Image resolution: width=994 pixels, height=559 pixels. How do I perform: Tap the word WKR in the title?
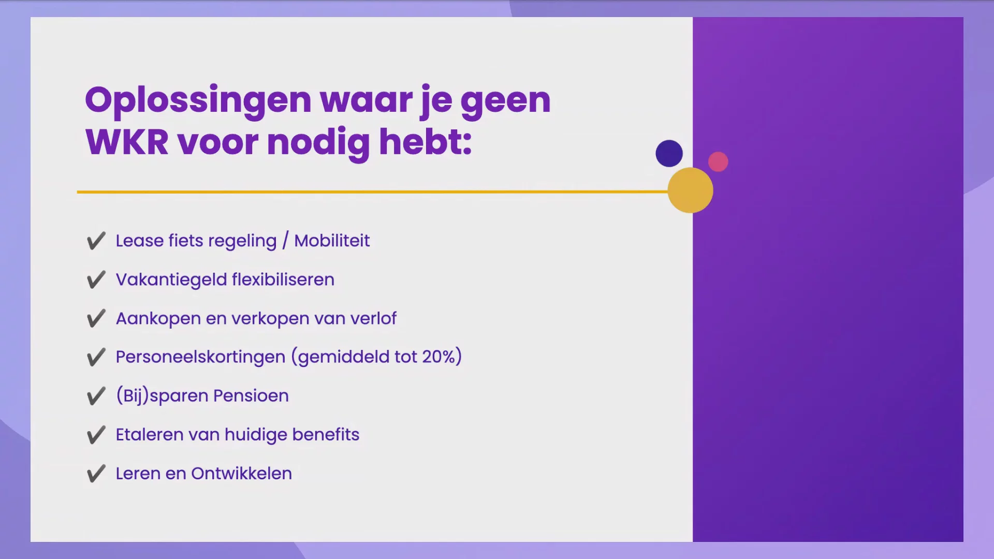pyautogui.click(x=127, y=142)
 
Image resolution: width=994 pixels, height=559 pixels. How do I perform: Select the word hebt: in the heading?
pyautogui.click(x=426, y=141)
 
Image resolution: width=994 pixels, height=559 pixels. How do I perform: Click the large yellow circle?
pyautogui.click(x=690, y=190)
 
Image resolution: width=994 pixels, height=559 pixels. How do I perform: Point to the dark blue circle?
pyautogui.click(x=669, y=153)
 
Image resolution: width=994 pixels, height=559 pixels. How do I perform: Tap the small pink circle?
pyautogui.click(x=718, y=161)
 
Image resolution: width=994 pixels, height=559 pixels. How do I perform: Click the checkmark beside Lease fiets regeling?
pyautogui.click(x=96, y=241)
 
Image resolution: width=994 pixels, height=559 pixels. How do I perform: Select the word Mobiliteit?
pyautogui.click(x=332, y=241)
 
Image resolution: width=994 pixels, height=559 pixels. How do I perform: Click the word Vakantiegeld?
pyautogui.click(x=171, y=280)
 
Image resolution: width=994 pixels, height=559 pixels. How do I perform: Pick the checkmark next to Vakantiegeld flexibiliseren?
pyautogui.click(x=96, y=279)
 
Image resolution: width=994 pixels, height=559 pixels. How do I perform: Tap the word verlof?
pyautogui.click(x=373, y=318)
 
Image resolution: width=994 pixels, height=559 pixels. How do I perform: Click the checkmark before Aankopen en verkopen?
pyautogui.click(x=96, y=318)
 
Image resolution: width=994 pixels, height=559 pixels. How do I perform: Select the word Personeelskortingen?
pyautogui.click(x=200, y=357)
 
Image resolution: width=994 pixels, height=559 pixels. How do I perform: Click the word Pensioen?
pyautogui.click(x=251, y=396)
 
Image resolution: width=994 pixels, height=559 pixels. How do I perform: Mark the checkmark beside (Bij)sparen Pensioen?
pyautogui.click(x=96, y=396)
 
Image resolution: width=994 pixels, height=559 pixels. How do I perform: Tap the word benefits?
pyautogui.click(x=326, y=434)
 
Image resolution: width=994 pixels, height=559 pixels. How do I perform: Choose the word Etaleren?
pyautogui.click(x=150, y=435)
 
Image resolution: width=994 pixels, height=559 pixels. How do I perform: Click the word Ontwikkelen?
pyautogui.click(x=241, y=473)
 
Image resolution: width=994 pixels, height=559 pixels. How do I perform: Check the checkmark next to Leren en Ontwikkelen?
pyautogui.click(x=96, y=474)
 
